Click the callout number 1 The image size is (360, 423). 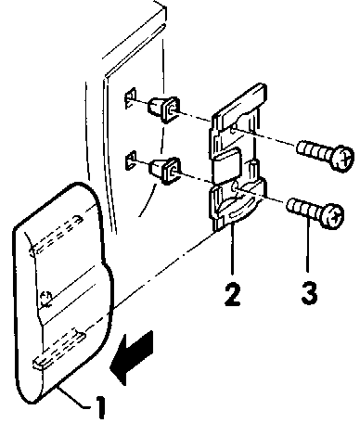tap(99, 407)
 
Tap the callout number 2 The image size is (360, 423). tap(233, 295)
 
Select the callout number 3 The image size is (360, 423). tap(309, 293)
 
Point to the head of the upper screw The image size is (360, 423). tap(341, 157)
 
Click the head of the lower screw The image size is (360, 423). tap(332, 215)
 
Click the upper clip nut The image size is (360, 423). tap(164, 109)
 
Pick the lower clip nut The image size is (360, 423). tap(164, 170)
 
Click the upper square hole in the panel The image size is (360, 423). tap(130, 98)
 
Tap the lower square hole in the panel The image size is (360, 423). tap(130, 160)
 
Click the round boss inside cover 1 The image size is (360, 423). tap(45, 298)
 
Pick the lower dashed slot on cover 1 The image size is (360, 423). tap(59, 348)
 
